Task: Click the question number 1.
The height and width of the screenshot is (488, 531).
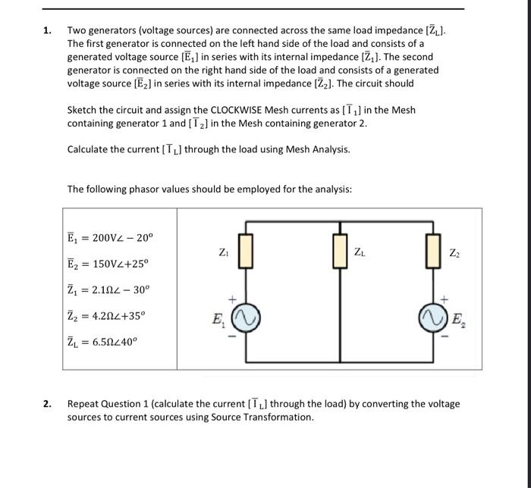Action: [x=47, y=31]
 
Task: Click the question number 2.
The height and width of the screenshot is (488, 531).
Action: [x=47, y=405]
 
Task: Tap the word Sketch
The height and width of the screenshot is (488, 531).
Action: [x=83, y=111]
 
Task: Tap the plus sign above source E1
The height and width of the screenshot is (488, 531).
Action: [x=234, y=299]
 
